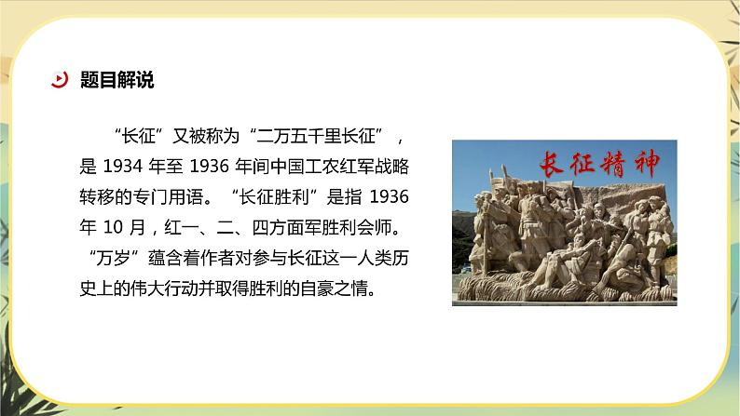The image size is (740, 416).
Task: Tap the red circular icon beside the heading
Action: pyautogui.click(x=59, y=80)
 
